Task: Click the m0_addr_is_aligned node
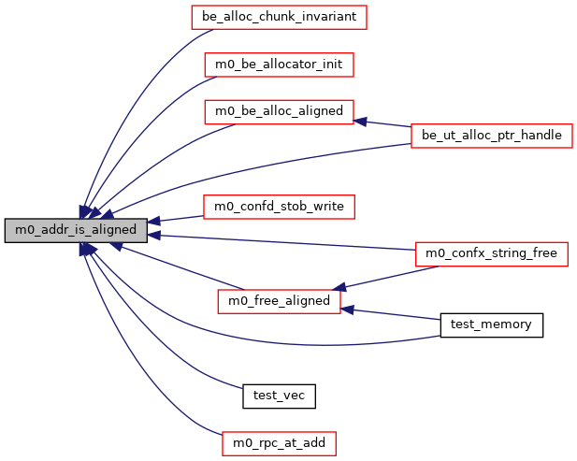pos(76,229)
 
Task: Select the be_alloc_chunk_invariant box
pos(278,16)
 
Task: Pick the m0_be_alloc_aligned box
pos(280,111)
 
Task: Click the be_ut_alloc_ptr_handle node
pos(491,136)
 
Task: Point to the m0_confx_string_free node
pos(491,253)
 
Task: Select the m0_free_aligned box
pos(279,301)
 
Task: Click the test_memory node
pos(491,324)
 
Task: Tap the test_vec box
pos(279,396)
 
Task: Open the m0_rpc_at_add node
pos(279,442)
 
